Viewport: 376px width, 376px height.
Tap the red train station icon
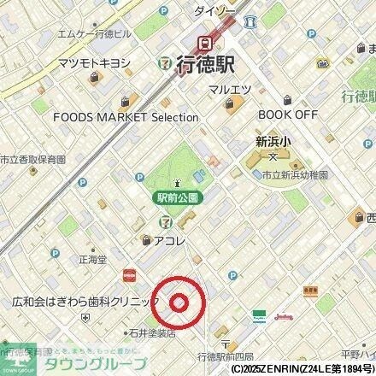pos(206,42)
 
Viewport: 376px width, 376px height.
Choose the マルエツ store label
pos(233,88)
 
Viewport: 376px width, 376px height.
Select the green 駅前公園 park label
pos(178,197)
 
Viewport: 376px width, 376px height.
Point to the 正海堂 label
pos(92,256)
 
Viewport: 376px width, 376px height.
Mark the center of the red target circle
pos(179,303)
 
